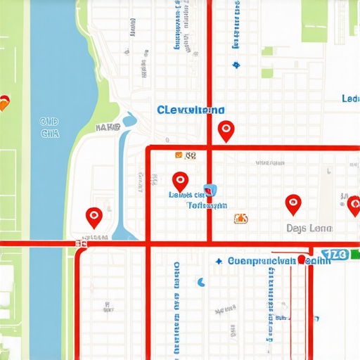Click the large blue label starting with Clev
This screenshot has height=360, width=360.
191,110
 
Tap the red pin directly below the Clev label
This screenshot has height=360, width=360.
225,130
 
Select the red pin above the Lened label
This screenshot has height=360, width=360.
180,181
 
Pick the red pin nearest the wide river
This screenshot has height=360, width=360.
94,217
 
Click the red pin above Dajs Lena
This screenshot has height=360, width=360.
293,204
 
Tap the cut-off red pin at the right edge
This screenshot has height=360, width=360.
354,205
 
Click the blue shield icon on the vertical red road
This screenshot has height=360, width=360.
209,191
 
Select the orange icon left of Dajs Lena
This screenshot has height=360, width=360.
240,219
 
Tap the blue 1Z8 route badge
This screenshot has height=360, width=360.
335,254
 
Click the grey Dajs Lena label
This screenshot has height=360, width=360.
309,229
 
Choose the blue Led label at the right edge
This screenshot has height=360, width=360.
349,99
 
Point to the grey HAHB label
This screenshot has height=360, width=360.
108,128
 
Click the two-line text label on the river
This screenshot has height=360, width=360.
49,127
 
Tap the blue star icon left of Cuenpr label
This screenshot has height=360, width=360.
219,261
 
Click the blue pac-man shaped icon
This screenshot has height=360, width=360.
201,283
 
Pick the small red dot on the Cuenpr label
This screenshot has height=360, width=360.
301,259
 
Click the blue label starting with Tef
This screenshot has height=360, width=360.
207,206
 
